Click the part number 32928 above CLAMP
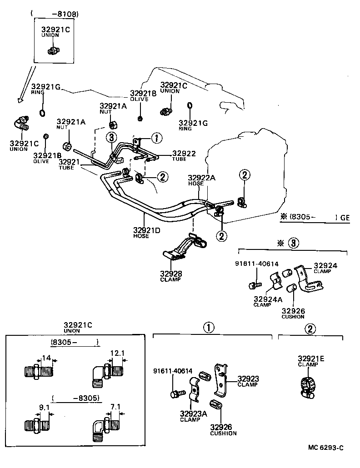pos(170,274)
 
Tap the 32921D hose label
pos(147,230)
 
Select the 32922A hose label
pos(201,178)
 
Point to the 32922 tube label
pos(184,154)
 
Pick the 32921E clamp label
pos(311,358)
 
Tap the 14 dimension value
pos(47,358)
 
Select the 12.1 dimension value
pos(117,353)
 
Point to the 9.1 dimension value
pos(44,408)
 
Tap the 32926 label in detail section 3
pos(293,311)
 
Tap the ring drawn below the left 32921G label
pos(42,112)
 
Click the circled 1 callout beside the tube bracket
pos(155,137)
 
